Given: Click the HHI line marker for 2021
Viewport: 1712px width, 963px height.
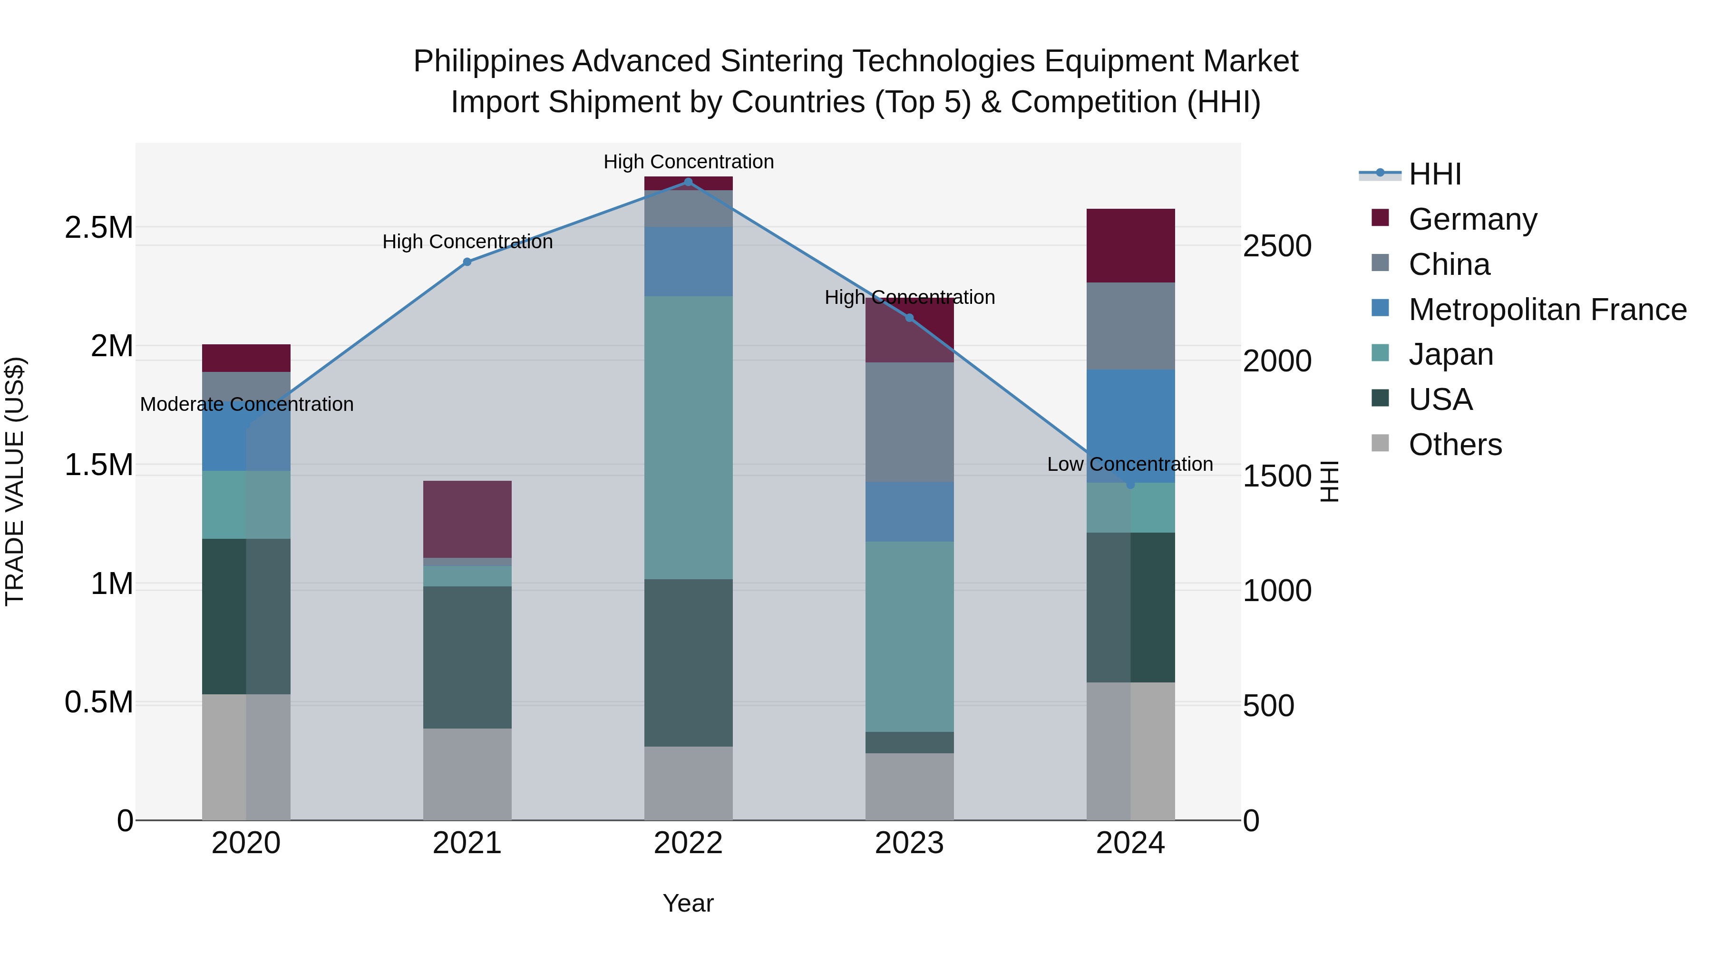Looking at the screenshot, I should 467,262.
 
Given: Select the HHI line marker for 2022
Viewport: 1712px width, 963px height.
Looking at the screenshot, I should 689,182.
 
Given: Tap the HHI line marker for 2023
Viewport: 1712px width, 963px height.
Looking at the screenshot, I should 910,318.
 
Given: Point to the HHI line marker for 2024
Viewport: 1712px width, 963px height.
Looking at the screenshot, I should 1130,485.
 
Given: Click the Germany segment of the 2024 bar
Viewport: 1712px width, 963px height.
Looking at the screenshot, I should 1130,245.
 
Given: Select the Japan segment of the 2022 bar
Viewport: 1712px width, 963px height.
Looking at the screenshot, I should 689,438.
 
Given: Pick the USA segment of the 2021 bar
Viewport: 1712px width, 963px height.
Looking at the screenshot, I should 467,657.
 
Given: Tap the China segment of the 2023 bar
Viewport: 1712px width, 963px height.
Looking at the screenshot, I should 910,422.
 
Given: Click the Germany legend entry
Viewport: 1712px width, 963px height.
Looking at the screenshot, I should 1472,219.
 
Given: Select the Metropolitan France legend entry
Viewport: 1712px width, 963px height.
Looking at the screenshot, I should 1547,310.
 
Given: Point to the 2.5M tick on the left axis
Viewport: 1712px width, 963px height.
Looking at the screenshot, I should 99,228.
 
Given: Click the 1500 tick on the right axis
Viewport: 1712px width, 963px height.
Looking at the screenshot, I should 1277,476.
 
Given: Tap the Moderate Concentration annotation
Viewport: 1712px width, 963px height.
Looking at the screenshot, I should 246,404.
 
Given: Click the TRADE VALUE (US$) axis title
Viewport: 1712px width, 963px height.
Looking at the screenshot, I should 15,481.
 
